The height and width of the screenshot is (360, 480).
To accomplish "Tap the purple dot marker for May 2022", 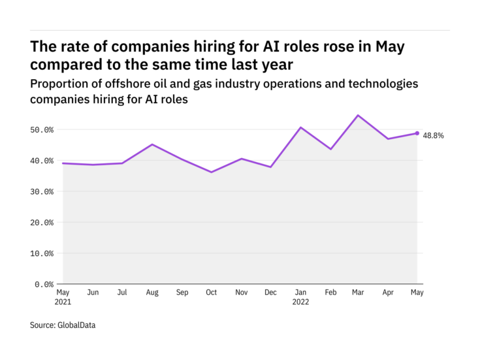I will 417,133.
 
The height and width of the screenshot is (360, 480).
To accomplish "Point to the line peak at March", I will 358,116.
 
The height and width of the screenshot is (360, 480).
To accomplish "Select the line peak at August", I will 152,144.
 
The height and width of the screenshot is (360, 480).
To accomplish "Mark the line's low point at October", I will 211,172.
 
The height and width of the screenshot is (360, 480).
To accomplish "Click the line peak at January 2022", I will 300,127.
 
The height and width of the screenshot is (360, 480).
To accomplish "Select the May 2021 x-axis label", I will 63,297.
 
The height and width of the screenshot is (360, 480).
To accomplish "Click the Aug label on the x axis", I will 152,293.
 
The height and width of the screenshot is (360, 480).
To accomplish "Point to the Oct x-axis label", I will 211,293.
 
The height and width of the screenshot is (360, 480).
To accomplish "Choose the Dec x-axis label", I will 270,293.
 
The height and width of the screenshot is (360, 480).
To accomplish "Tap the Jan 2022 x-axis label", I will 300,297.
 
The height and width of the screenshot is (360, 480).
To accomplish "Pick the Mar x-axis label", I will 358,293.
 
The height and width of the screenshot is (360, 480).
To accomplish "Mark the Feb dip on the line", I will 330,149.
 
